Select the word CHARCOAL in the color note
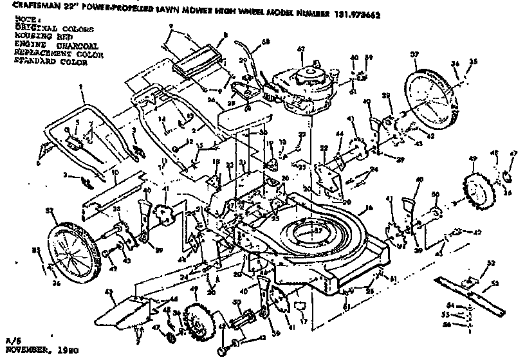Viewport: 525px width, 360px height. click(x=77, y=46)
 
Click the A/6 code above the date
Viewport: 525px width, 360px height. click(x=11, y=343)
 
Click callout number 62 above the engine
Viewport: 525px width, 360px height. click(x=300, y=49)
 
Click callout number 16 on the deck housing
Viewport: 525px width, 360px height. click(x=369, y=208)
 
